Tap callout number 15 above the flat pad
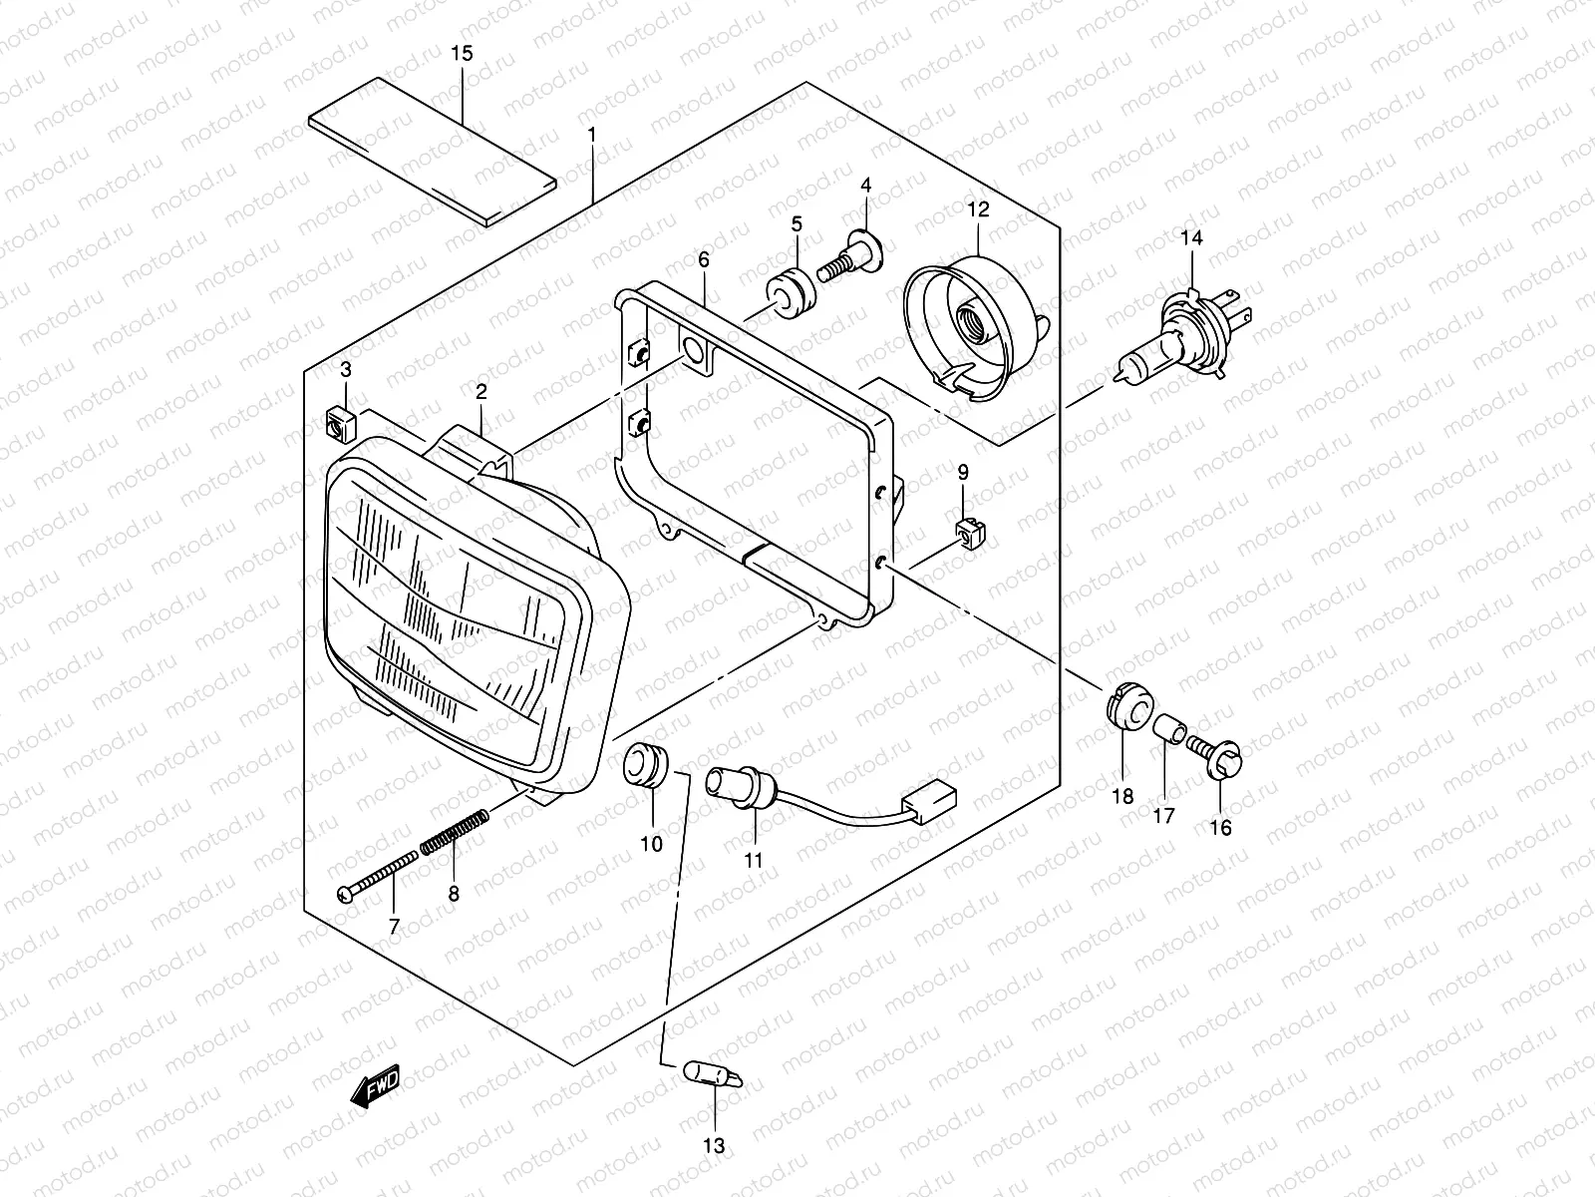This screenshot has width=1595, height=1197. (462, 53)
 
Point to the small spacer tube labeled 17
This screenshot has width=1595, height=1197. (1169, 729)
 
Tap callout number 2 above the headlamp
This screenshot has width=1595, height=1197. (480, 393)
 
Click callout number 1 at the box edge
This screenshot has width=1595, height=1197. (591, 133)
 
